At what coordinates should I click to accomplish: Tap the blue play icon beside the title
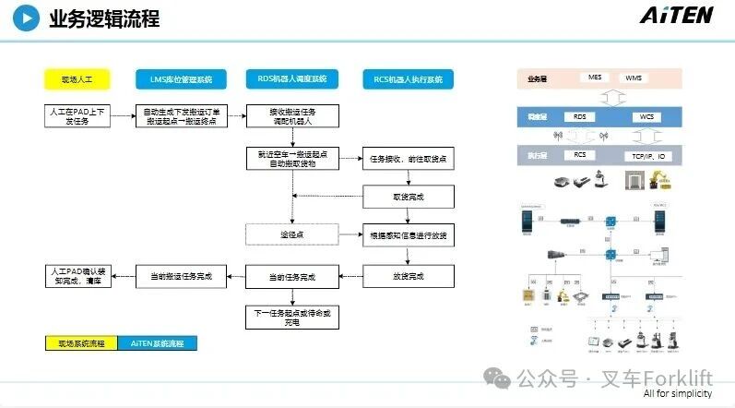[x=30, y=18]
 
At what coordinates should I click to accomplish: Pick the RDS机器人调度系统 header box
[x=291, y=78]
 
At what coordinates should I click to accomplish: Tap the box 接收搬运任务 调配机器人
[x=291, y=116]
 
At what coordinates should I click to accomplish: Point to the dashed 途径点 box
[x=291, y=234]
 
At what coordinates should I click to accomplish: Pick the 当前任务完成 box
[x=291, y=276]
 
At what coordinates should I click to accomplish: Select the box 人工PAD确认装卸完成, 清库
[x=77, y=276]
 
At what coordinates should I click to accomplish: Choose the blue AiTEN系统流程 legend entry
[x=157, y=343]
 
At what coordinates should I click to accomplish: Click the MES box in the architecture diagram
[x=596, y=78]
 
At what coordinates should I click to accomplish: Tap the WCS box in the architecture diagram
[x=646, y=117]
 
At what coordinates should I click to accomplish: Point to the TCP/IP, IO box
[x=648, y=156]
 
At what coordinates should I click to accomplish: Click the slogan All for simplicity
[x=678, y=394]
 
